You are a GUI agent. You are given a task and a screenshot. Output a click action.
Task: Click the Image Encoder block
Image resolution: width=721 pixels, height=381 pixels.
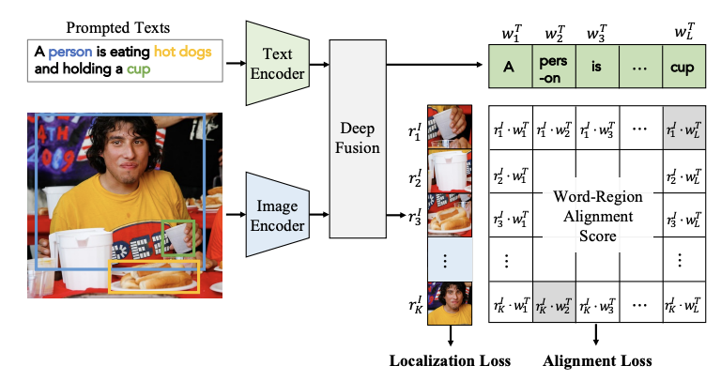tap(270, 213)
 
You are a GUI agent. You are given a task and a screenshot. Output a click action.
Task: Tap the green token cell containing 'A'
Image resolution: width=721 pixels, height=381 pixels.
tap(508, 68)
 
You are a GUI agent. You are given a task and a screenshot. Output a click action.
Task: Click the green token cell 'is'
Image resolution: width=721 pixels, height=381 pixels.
tap(594, 68)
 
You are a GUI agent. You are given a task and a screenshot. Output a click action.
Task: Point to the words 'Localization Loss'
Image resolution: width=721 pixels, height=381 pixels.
tap(450, 360)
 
